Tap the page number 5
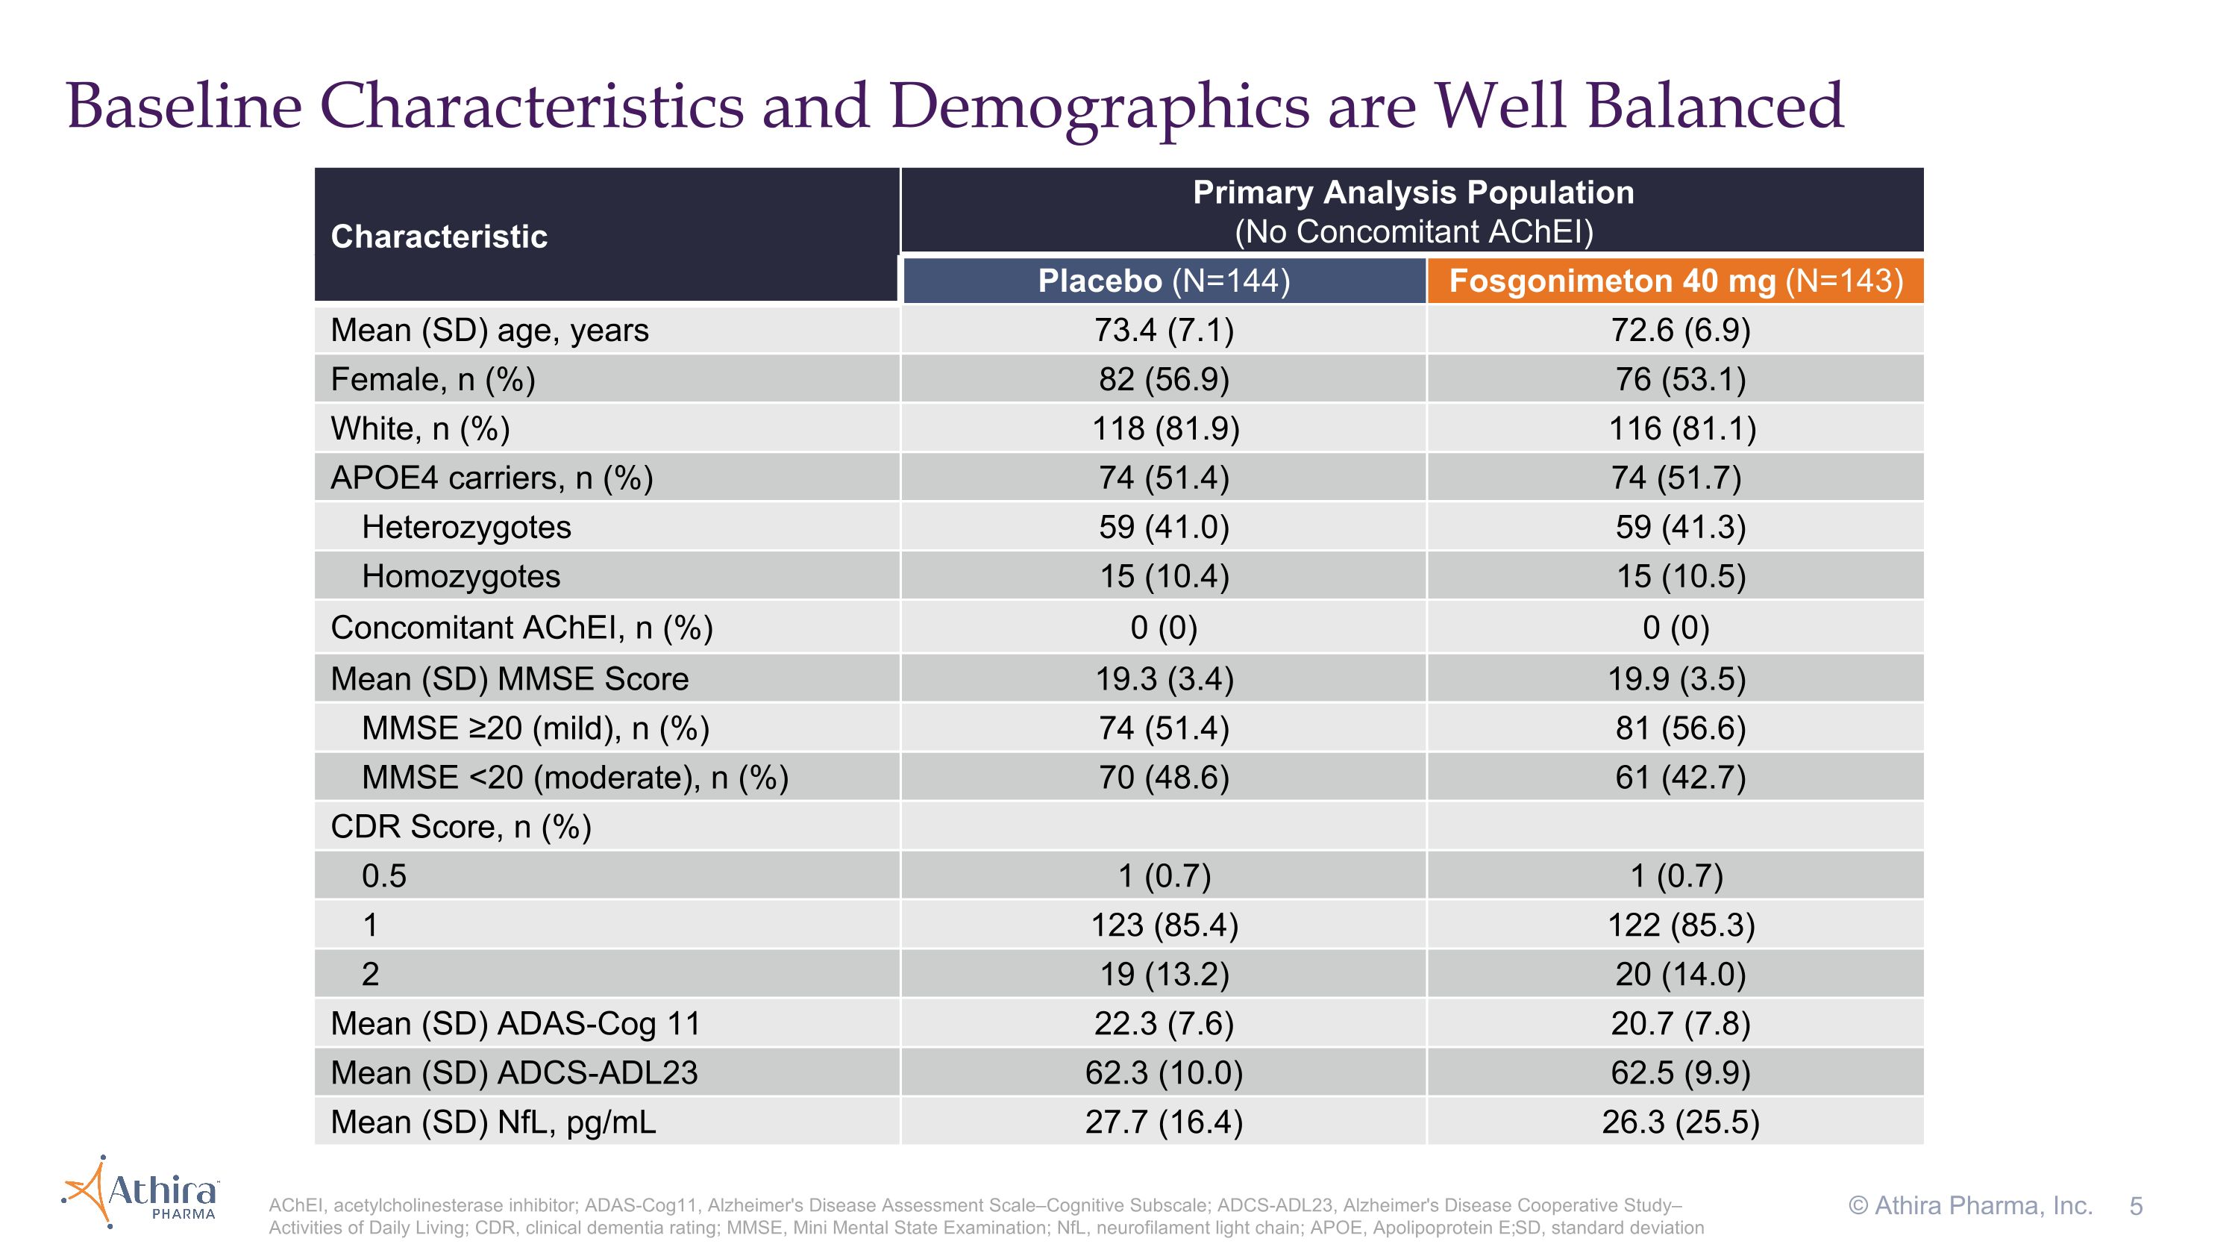tap(2136, 1206)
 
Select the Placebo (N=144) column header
tap(1165, 281)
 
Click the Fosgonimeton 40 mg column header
tap(1676, 281)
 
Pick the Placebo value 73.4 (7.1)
tap(1165, 330)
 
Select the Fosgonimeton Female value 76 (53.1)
tap(1680, 380)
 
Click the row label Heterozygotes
tap(466, 528)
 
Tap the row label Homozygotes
tap(461, 577)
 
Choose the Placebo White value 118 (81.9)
tap(1165, 428)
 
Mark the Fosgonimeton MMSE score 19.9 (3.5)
tap(1676, 678)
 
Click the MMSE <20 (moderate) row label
tap(575, 778)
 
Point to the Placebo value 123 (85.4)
tap(1165, 925)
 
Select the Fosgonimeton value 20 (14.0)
tap(1680, 974)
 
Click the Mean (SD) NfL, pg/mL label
tap(493, 1122)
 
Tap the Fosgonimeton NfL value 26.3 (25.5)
tap(1680, 1122)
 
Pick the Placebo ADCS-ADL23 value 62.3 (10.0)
tap(1165, 1072)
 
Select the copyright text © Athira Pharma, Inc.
tap(1970, 1206)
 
